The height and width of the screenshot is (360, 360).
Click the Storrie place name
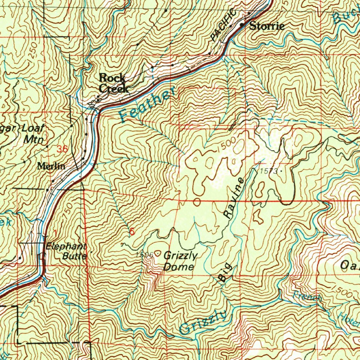point(267,26)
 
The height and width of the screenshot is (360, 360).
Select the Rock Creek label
point(113,83)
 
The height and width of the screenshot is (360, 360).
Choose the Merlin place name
point(51,166)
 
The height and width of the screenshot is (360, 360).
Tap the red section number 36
point(62,149)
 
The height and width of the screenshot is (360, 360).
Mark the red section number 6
point(131,232)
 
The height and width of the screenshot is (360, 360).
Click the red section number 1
point(55,232)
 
